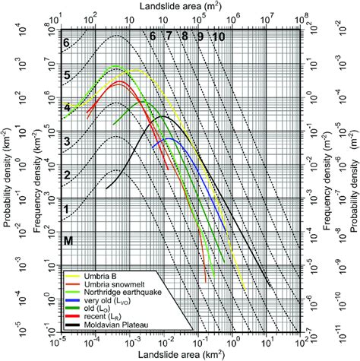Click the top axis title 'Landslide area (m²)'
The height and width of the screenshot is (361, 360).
179,6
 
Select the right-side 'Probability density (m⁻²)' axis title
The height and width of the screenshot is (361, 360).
354,179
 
